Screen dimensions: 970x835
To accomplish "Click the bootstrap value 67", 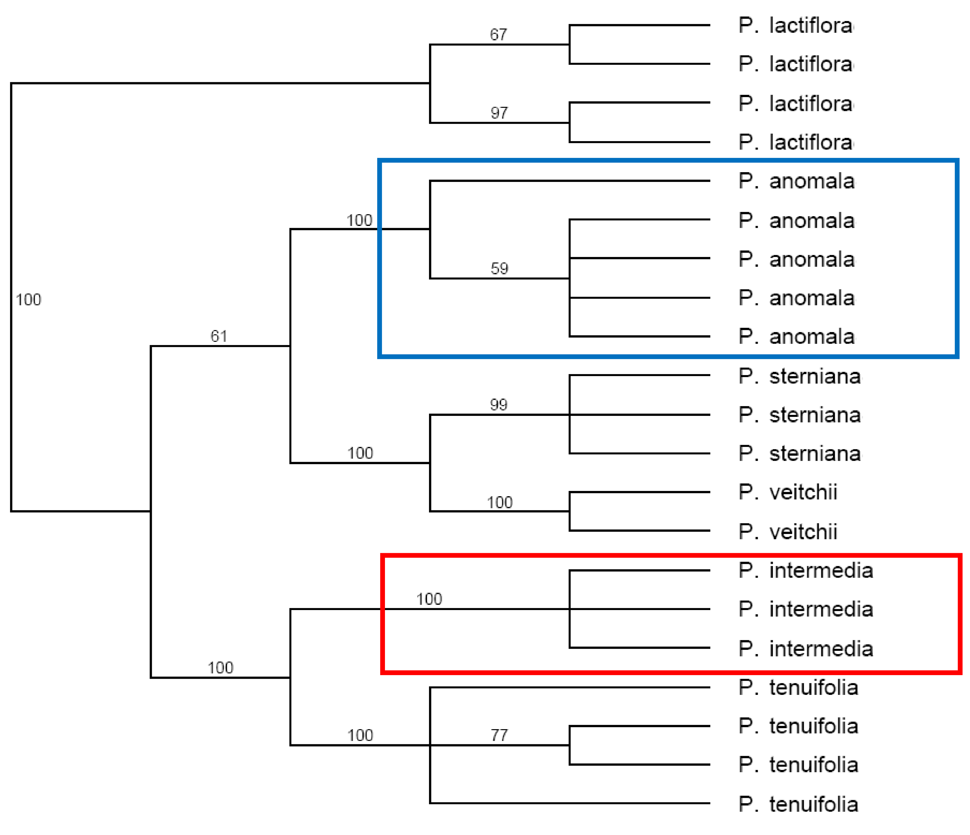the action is pyautogui.click(x=499, y=34).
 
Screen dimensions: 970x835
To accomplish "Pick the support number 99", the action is pyautogui.click(x=499, y=405).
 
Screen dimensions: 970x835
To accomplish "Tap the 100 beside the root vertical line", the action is pyautogui.click(x=28, y=300).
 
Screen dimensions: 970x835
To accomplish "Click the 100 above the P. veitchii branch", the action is pyautogui.click(x=500, y=502).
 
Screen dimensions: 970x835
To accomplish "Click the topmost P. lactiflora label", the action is pyautogui.click(x=796, y=25).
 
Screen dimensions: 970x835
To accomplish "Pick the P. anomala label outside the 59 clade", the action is pyautogui.click(x=796, y=181).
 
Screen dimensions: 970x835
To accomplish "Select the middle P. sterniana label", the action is pyautogui.click(x=800, y=415).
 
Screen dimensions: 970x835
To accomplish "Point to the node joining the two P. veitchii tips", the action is pyautogui.click(x=570, y=511).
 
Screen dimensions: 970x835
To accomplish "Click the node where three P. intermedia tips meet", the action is pyautogui.click(x=570, y=609).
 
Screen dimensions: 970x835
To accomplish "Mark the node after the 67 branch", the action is pyautogui.click(x=570, y=44).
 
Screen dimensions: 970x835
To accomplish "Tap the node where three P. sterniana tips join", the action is pyautogui.click(x=570, y=415).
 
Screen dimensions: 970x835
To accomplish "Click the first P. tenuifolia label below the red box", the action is pyautogui.click(x=798, y=687).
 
